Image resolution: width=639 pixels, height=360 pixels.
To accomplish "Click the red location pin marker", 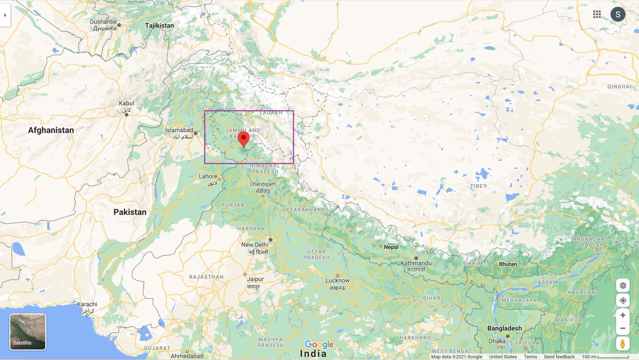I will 243,138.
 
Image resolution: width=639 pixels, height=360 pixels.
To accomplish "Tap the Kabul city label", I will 126,103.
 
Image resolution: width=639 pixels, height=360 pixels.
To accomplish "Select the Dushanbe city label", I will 103,21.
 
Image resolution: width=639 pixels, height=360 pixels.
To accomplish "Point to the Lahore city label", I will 208,176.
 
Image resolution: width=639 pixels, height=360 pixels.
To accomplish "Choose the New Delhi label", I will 254,244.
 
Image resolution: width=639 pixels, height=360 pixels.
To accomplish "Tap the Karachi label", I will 87,305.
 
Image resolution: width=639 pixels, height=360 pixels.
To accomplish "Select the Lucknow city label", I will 338,280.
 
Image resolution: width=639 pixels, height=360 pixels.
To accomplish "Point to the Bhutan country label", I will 507,264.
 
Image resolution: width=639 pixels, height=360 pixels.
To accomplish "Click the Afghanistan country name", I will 51,130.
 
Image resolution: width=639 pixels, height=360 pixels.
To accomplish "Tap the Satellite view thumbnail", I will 28,332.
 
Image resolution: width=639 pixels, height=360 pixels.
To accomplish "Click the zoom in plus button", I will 622,315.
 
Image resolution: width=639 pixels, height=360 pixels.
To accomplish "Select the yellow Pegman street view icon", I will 622,343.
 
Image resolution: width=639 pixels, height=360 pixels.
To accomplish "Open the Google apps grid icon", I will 597,14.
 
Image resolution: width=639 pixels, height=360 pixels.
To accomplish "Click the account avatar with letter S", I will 618,14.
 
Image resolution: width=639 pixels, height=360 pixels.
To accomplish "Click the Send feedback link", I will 559,357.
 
